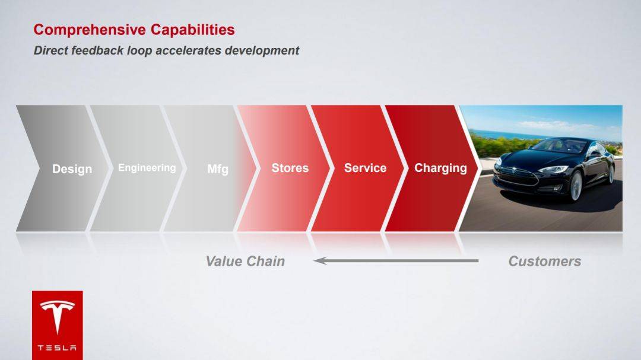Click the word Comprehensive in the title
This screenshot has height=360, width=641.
pos(90,30)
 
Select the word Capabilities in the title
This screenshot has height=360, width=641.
pos(192,30)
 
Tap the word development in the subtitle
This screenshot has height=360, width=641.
pos(262,50)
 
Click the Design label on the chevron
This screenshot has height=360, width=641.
pos(72,169)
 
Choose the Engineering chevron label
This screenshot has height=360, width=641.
pos(147,168)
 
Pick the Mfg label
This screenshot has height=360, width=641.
pos(217,169)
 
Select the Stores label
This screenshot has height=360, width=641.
pos(290,168)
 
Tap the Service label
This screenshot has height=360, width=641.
pos(365,168)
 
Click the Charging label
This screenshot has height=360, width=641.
pos(440,168)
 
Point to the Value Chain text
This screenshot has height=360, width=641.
pos(245,261)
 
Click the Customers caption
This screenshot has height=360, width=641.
pos(544,261)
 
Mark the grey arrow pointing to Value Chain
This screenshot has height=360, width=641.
pos(396,260)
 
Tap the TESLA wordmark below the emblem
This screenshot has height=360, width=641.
pos(57,348)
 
